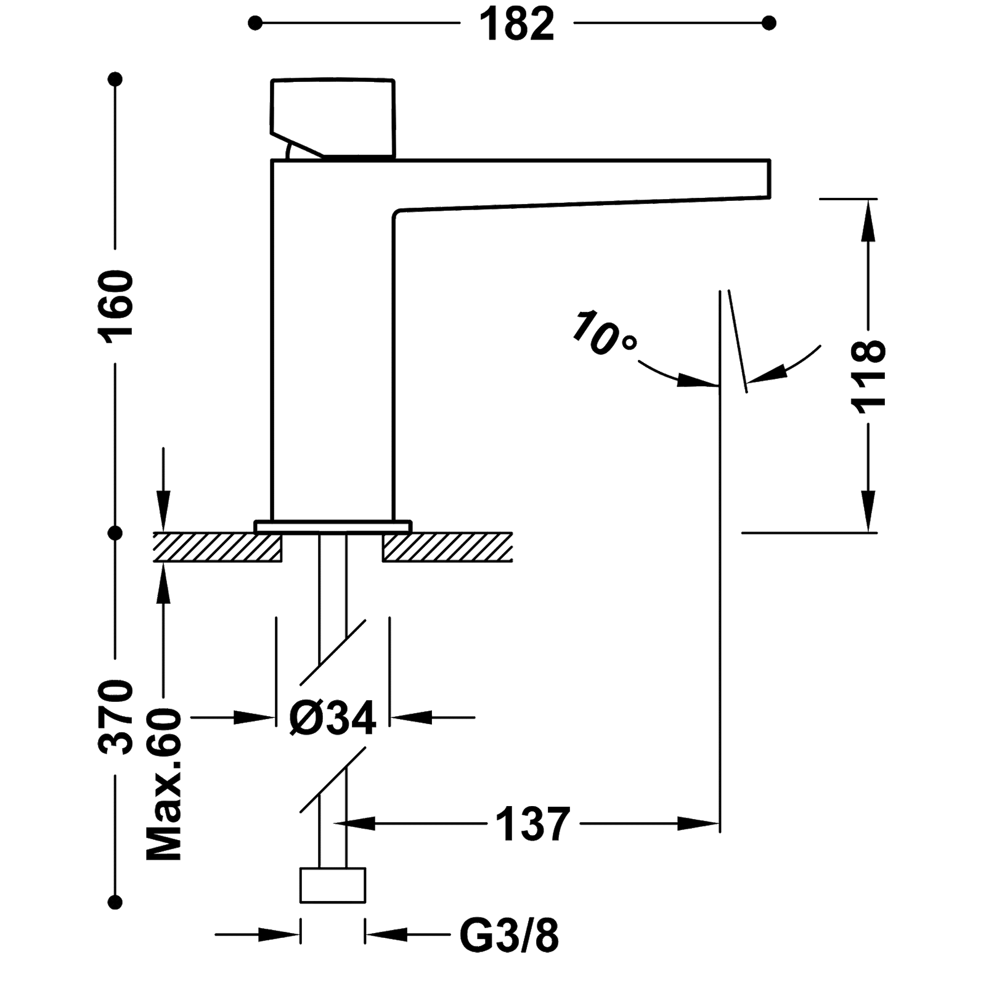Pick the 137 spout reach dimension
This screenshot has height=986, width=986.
(x=531, y=823)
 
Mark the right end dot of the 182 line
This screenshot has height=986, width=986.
(x=768, y=24)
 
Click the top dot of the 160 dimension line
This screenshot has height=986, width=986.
(x=115, y=79)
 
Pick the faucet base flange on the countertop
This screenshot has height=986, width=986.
(x=333, y=526)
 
